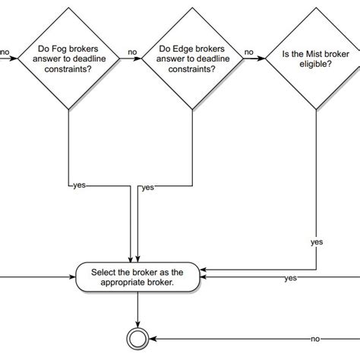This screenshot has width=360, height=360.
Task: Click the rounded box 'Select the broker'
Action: (137, 276)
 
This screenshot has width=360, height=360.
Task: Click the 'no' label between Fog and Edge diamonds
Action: (132, 53)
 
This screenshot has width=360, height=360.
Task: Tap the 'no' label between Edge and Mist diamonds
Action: (248, 53)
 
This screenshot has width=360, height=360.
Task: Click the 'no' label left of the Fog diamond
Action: (5, 53)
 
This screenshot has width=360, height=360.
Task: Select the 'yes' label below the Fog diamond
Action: (77, 185)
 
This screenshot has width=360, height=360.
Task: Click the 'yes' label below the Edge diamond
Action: (147, 187)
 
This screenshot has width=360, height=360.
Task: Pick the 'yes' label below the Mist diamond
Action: (316, 242)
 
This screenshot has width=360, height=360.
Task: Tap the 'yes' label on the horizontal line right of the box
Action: (290, 279)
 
